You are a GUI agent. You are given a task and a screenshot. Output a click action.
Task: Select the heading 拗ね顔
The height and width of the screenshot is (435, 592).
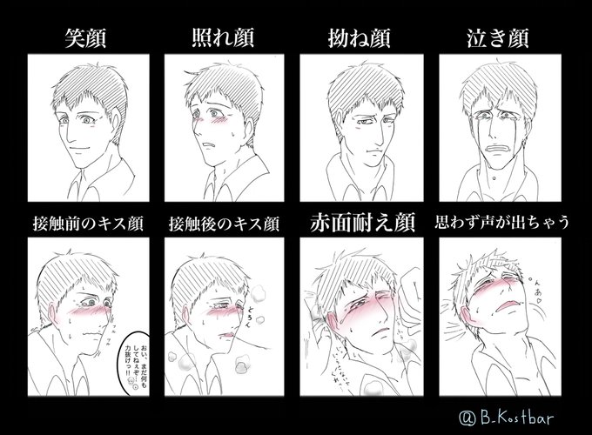pos(363,40)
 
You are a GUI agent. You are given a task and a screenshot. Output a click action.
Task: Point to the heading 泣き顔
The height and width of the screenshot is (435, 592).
pos(501,40)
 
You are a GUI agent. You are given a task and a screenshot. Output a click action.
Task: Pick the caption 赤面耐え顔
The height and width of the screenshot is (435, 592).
pos(363,224)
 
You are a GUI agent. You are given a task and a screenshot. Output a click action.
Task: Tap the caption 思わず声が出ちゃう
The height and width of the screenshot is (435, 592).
pos(501,224)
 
